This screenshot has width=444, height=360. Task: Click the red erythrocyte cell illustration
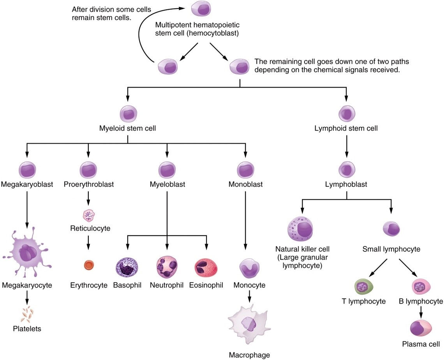coord(89,265)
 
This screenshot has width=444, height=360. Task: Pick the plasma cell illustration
coord(421,328)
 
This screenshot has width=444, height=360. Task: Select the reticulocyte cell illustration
coord(89,215)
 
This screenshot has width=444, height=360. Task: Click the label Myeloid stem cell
coord(128,128)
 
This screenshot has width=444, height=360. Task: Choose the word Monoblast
coord(245,184)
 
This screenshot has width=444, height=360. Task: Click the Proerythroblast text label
coord(89,184)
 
